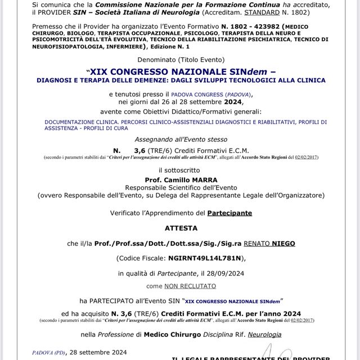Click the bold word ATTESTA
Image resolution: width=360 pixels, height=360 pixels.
[x=181, y=228]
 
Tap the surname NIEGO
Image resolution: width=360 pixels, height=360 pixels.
[x=280, y=244]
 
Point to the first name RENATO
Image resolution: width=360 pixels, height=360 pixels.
[x=250, y=244]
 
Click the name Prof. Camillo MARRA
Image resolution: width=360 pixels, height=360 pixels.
[x=181, y=180]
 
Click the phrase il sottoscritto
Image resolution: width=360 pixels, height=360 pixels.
[x=181, y=170]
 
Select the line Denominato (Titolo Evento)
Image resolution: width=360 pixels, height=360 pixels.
[x=181, y=60]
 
